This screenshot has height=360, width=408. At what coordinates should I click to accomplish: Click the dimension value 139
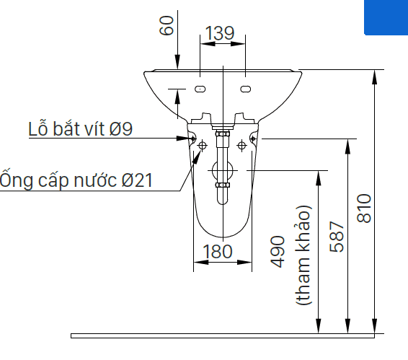click(220, 33)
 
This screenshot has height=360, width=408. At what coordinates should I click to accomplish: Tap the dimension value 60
click(167, 25)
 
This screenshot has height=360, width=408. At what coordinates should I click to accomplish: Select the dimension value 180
click(217, 251)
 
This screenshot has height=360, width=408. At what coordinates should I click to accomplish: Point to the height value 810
click(364, 208)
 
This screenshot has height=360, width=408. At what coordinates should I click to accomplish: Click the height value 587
click(337, 237)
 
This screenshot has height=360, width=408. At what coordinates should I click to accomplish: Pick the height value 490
click(278, 252)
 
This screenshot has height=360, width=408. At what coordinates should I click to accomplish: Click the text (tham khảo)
click(303, 255)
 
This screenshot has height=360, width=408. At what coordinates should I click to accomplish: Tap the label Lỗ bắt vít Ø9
click(81, 128)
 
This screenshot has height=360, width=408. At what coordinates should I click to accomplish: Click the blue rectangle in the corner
click(386, 17)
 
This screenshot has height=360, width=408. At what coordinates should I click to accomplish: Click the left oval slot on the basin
click(200, 89)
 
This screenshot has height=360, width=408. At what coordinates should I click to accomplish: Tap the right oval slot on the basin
click(245, 89)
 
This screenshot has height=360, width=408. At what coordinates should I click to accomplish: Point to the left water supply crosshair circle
click(202, 145)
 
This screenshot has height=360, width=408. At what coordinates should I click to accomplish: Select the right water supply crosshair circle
click(241, 145)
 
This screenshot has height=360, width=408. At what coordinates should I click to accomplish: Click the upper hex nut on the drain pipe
click(223, 133)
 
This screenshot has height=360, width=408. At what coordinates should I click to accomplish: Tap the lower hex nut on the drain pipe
click(223, 185)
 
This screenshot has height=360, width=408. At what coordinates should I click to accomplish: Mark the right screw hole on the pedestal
click(253, 139)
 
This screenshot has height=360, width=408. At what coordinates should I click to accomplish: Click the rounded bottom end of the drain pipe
click(223, 201)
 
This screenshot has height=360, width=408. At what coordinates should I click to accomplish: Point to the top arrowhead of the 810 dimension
click(374, 77)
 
